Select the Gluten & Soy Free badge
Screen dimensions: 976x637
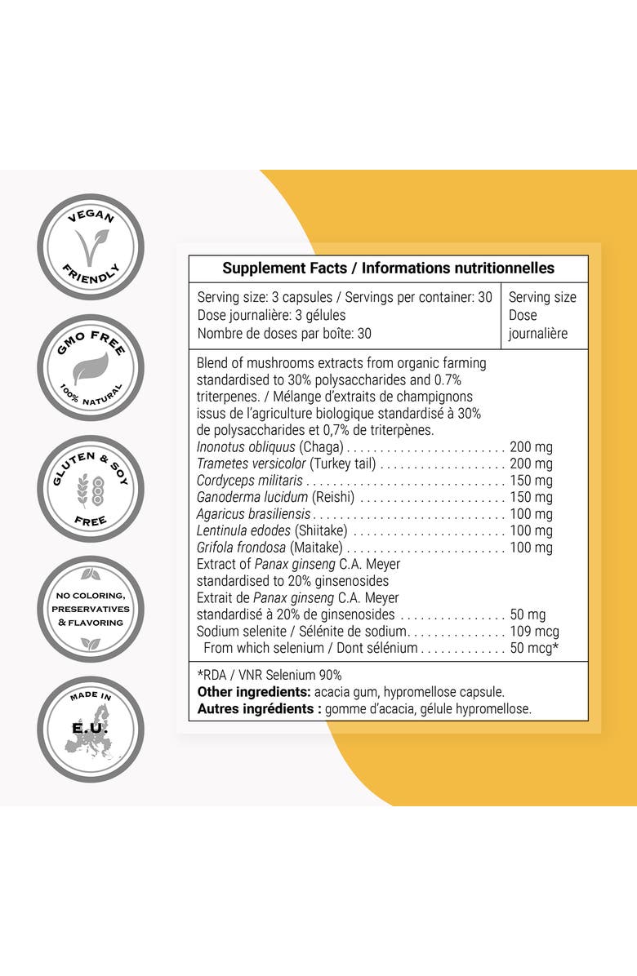click(91, 488)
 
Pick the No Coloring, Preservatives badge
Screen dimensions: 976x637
click(91, 609)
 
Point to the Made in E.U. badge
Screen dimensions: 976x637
click(91, 729)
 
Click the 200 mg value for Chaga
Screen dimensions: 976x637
click(531, 446)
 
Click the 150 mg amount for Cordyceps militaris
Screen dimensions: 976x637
click(531, 480)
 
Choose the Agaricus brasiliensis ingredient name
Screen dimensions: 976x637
click(254, 514)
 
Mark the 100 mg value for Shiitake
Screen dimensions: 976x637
click(531, 531)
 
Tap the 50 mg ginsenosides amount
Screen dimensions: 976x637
click(528, 614)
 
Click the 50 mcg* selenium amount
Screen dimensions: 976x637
click(534, 649)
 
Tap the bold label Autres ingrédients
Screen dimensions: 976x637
click(259, 709)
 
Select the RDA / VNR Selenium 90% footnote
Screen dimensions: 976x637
click(269, 675)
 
